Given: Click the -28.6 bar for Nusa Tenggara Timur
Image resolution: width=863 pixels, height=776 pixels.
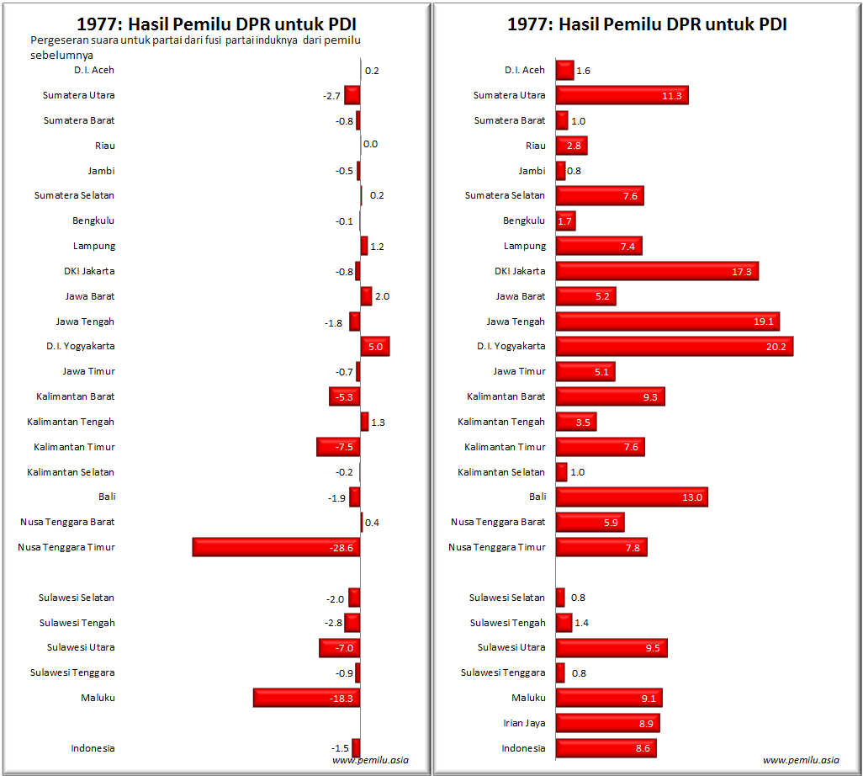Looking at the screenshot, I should click(x=276, y=547).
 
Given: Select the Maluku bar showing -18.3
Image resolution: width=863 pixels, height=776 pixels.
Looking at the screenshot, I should click(x=306, y=698).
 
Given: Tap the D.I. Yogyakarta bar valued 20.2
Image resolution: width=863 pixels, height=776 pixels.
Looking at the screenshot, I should click(x=674, y=346).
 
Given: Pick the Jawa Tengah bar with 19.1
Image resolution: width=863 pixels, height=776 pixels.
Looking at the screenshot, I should click(x=667, y=322).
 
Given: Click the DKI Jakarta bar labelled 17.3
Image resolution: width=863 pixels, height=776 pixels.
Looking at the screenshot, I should click(x=657, y=271).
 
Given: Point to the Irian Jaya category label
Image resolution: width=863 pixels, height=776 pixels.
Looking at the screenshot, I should click(x=523, y=723).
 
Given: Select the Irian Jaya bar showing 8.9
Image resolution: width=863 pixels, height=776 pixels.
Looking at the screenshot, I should click(x=607, y=723).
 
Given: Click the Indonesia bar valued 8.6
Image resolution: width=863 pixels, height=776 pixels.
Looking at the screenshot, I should click(x=606, y=748).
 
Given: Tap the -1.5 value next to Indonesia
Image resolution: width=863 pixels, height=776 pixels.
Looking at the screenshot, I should click(x=340, y=748).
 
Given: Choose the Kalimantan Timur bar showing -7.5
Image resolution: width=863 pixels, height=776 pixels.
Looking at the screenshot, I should click(x=338, y=447).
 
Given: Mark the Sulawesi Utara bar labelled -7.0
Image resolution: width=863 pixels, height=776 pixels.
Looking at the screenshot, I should click(x=340, y=648).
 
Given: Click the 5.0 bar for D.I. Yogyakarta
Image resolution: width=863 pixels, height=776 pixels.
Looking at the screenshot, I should click(x=375, y=346).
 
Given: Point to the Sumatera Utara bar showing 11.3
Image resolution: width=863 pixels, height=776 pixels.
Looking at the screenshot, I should click(x=622, y=95).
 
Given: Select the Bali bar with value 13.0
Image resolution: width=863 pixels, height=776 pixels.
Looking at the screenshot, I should click(x=631, y=497).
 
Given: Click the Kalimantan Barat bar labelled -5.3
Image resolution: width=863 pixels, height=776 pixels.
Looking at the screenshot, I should click(x=344, y=396).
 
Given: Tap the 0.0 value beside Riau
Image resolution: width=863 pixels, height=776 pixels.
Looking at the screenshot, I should click(x=370, y=145).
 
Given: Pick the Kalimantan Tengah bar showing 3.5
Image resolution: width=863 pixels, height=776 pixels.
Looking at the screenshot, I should click(x=576, y=422).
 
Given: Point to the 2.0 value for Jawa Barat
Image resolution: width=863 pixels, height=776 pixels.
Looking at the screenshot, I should click(x=383, y=296).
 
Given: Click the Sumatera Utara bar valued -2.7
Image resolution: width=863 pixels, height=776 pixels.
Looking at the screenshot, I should click(x=352, y=95).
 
